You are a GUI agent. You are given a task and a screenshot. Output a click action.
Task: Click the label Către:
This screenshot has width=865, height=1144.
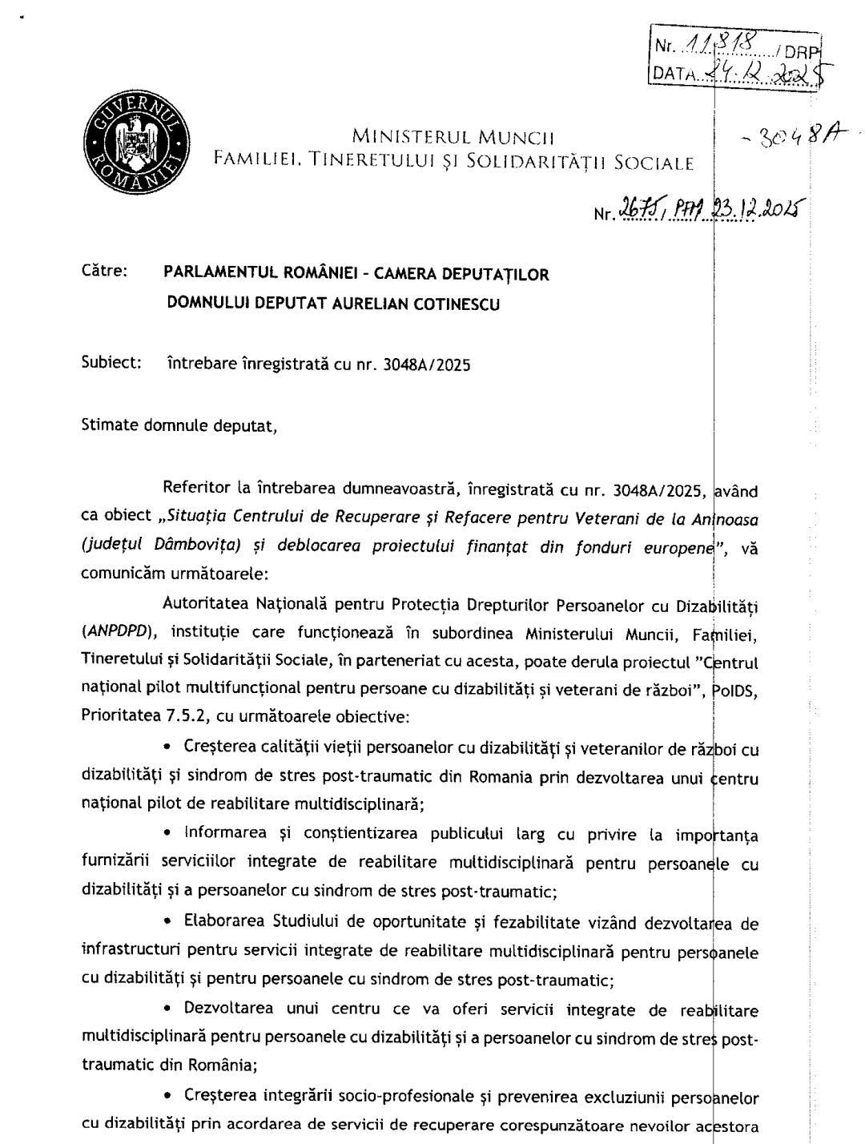coord(104,271)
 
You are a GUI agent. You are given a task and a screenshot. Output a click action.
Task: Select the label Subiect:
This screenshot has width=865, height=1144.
coord(111,362)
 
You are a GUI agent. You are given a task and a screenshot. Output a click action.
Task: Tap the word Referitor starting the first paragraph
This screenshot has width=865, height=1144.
coord(197,488)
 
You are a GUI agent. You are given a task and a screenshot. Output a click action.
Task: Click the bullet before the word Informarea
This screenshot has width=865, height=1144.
coord(167,834)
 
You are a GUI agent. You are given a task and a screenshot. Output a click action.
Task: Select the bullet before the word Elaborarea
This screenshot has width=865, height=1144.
coord(167,922)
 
